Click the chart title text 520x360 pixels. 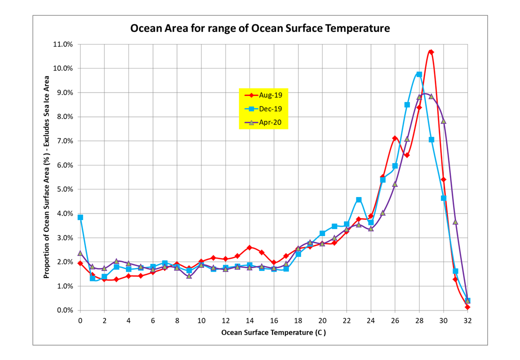pos(260,28)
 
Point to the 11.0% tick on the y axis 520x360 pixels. pos(63,44)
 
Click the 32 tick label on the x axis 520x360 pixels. pos(467,320)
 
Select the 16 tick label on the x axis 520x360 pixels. pos(273,320)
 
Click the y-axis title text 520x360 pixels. pos(46,177)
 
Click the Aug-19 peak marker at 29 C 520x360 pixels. pos(431,52)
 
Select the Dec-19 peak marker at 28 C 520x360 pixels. pos(419,74)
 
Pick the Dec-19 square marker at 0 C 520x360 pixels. pos(80,217)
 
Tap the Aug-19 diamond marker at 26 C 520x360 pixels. pos(395,138)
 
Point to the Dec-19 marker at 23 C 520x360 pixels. pos(358,200)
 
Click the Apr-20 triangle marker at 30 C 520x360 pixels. pos(443,121)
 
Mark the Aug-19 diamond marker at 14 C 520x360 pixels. pos(249,247)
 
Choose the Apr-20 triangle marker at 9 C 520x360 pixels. pos(189,276)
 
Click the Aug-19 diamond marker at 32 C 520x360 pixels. pos(467,307)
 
